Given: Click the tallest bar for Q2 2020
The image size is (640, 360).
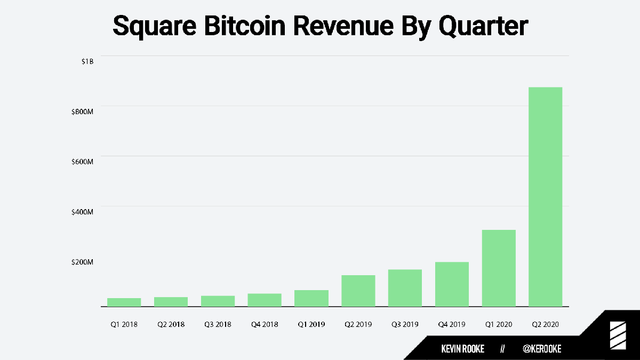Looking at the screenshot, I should tap(545, 197).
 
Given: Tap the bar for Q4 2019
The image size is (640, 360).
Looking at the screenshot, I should tap(452, 284).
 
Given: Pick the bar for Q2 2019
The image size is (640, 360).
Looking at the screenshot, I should tap(358, 291).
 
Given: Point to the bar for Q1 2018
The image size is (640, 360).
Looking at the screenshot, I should tap(124, 302).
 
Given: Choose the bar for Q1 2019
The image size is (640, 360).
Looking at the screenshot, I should tap(311, 298).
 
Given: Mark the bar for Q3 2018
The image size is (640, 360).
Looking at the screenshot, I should tap(218, 301).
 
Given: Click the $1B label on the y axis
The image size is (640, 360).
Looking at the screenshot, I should tap(87, 61).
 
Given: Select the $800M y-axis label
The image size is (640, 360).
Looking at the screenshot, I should tap(83, 111).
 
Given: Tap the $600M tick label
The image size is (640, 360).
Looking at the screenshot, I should tap(83, 162).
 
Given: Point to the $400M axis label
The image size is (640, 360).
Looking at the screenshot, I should tap(83, 212).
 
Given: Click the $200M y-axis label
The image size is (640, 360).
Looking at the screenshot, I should tap(83, 262).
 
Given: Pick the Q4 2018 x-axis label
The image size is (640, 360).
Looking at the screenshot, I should tap(265, 324).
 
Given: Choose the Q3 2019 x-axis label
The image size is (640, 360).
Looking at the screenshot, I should tap(405, 324).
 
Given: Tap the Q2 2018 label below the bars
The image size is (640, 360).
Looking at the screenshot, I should tap(171, 324).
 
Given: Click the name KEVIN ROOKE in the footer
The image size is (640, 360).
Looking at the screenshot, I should tap(462, 349).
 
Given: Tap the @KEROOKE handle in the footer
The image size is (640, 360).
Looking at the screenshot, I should tap(542, 349).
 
